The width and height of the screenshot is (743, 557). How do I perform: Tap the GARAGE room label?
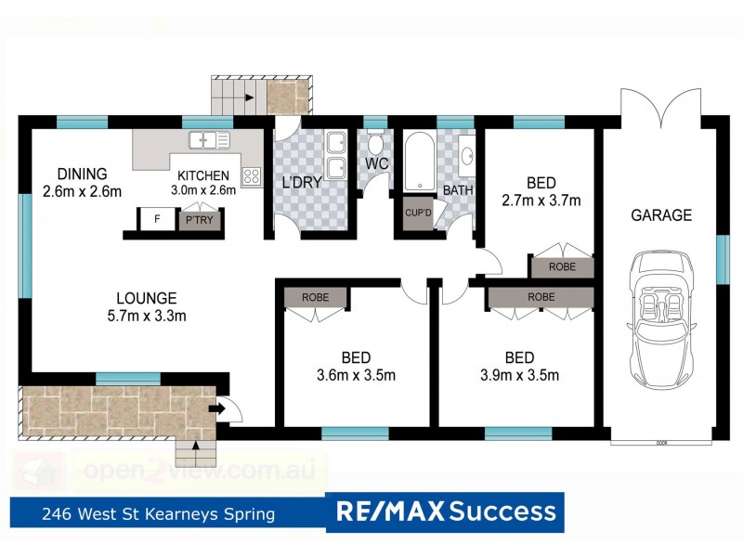[x=661, y=215]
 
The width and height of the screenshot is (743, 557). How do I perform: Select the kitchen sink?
[x=210, y=141]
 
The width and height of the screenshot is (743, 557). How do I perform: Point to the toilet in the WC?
[x=376, y=147]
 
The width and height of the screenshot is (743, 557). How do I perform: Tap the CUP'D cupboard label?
[x=418, y=213]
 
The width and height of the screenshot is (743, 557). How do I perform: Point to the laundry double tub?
[x=336, y=153]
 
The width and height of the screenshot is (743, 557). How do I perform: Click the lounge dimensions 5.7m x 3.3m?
[x=147, y=316]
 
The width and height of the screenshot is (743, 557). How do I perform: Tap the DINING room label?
[x=82, y=174]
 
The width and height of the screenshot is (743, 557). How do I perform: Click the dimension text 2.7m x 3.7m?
[x=541, y=200]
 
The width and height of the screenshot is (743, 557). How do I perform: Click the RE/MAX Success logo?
[x=446, y=511]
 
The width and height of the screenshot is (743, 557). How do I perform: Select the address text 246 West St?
[x=157, y=512]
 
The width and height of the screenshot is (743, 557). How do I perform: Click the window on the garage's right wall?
[x=722, y=257]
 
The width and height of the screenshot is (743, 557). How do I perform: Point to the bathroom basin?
[x=466, y=155]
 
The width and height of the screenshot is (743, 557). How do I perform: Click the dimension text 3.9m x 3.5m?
[x=519, y=375]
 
